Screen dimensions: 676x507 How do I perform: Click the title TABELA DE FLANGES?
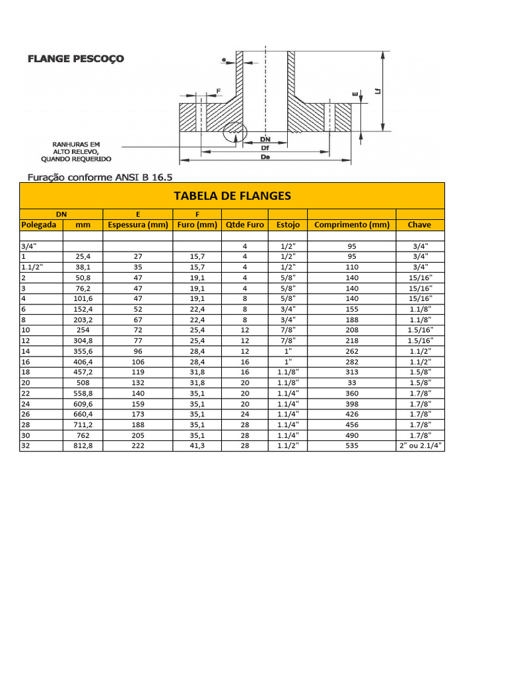pyautogui.click(x=232, y=196)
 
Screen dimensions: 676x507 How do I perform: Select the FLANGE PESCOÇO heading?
pyautogui.click(x=75, y=59)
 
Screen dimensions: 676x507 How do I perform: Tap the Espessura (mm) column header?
pyautogui.click(x=138, y=224)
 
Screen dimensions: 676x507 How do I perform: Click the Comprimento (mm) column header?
pyautogui.click(x=352, y=224)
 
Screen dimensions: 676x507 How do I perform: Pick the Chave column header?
pyautogui.click(x=419, y=224)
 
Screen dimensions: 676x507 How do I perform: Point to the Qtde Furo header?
pyautogui.click(x=244, y=224)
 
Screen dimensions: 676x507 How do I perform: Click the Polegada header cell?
pyautogui.click(x=39, y=224)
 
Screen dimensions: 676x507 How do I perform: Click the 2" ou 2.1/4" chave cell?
pyautogui.click(x=419, y=446)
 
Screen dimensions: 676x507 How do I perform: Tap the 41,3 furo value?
pyautogui.click(x=197, y=446)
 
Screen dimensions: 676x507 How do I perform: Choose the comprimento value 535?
pyautogui.click(x=352, y=446)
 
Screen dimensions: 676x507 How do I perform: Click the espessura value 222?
pyautogui.click(x=138, y=446)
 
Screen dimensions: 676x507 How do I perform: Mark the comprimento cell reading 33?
pyautogui.click(x=352, y=383)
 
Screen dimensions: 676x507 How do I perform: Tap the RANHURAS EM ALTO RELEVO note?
pyautogui.click(x=76, y=151)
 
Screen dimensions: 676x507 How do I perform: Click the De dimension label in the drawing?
pyautogui.click(x=265, y=158)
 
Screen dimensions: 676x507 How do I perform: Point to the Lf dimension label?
pyautogui.click(x=377, y=91)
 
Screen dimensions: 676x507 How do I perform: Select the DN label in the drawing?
pyautogui.click(x=265, y=140)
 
